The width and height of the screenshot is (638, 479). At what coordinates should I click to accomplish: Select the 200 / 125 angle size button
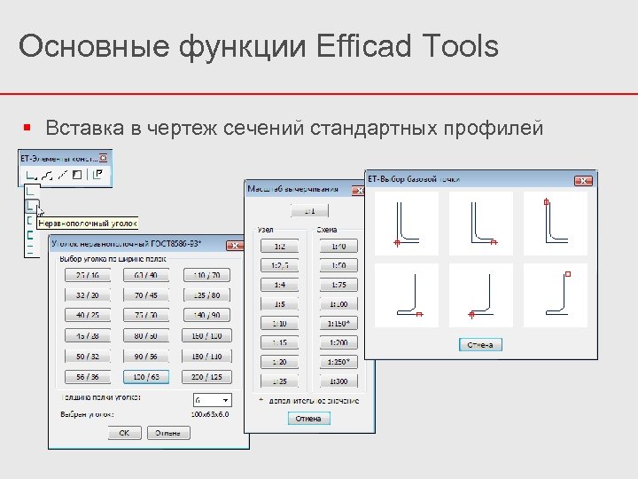point(207,376)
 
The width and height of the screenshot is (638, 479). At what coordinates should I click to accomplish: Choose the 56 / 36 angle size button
point(87,376)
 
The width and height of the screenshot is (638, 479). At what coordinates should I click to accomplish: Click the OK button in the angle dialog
point(124,433)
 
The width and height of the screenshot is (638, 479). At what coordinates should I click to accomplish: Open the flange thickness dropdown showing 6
point(211,400)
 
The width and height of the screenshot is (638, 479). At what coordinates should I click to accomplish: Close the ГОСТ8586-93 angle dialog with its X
point(234,243)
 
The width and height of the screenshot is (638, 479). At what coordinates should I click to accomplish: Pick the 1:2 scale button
point(279,246)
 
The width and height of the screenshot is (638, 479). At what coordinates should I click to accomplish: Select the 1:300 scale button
point(338,381)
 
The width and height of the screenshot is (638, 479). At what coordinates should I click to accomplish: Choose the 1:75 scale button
point(338,285)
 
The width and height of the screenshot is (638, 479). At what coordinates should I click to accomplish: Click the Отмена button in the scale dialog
point(307,418)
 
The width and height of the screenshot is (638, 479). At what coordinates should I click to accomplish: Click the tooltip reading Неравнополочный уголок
point(87,224)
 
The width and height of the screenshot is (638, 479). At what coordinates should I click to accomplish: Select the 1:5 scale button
point(279,303)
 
